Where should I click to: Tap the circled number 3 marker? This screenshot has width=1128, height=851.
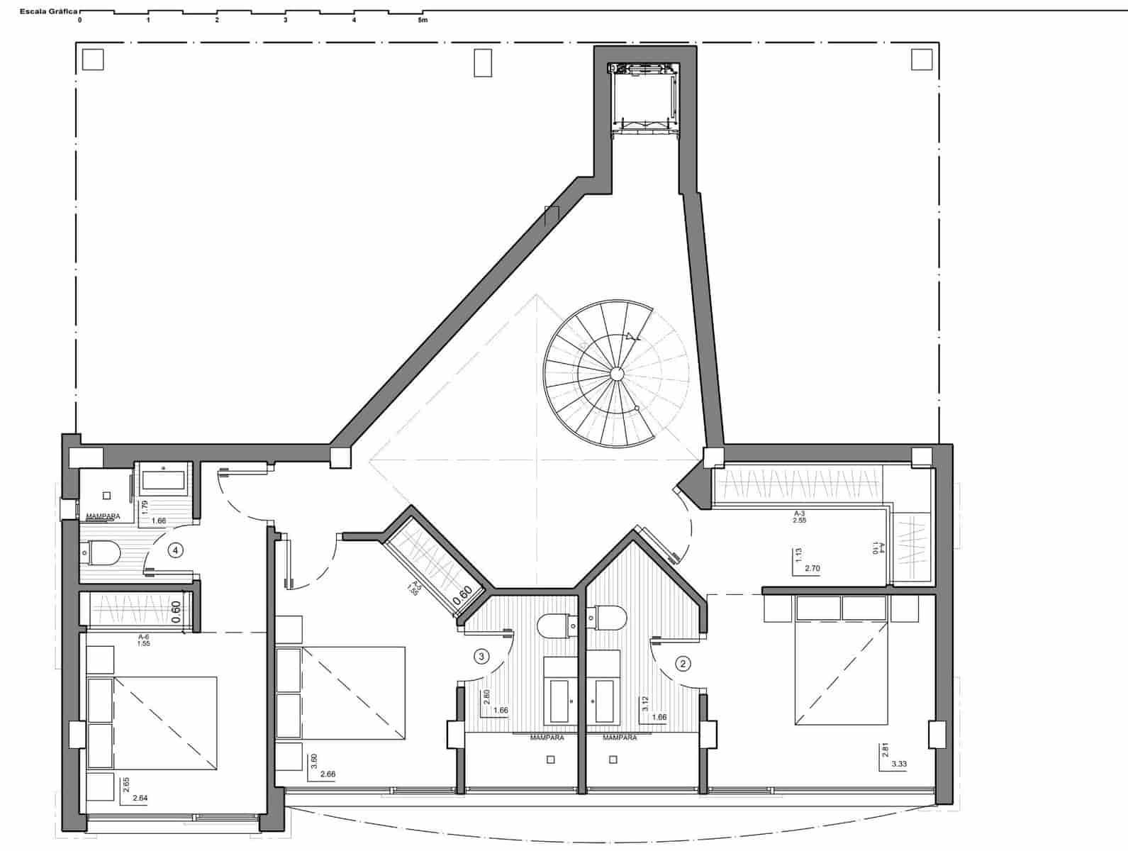click(x=481, y=657)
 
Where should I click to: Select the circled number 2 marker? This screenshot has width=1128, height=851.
click(x=683, y=664)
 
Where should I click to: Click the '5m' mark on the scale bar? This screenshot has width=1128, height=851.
click(x=423, y=21)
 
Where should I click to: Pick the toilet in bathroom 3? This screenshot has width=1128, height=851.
click(x=557, y=626)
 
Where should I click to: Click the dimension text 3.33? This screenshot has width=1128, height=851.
click(x=899, y=764)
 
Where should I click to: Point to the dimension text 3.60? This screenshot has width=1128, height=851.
click(x=314, y=762)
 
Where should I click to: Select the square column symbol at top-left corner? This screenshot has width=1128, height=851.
click(x=93, y=60)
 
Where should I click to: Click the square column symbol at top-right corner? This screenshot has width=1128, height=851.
click(x=922, y=60)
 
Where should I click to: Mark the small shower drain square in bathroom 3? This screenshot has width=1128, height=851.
click(x=551, y=760)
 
